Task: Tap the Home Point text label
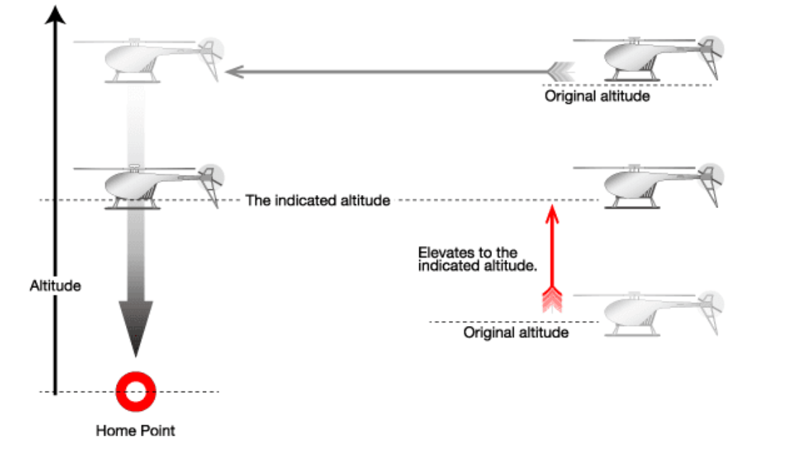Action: [135, 431]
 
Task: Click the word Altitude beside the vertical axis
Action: [55, 286]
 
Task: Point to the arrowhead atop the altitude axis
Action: [56, 14]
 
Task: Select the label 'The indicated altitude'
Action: [318, 201]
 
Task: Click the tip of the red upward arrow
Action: [551, 209]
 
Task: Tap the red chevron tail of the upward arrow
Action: [551, 299]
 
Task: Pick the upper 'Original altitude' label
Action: [597, 96]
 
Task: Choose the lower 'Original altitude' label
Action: [516, 333]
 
